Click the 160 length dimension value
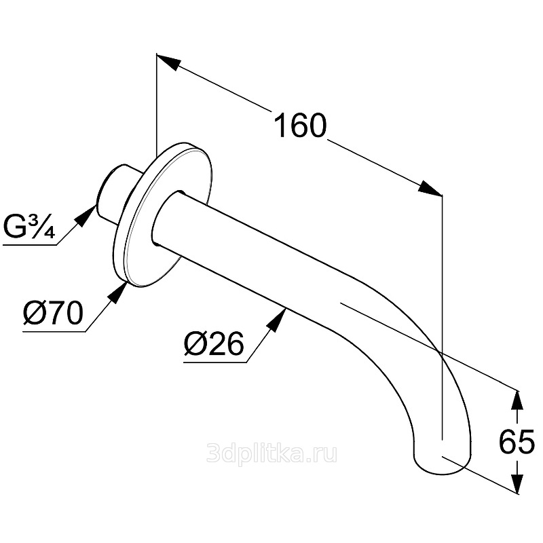(x=299, y=126)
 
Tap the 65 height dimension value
(x=516, y=442)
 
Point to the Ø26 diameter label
(x=213, y=345)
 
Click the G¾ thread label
(x=29, y=226)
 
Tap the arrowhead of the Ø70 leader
(x=119, y=291)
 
